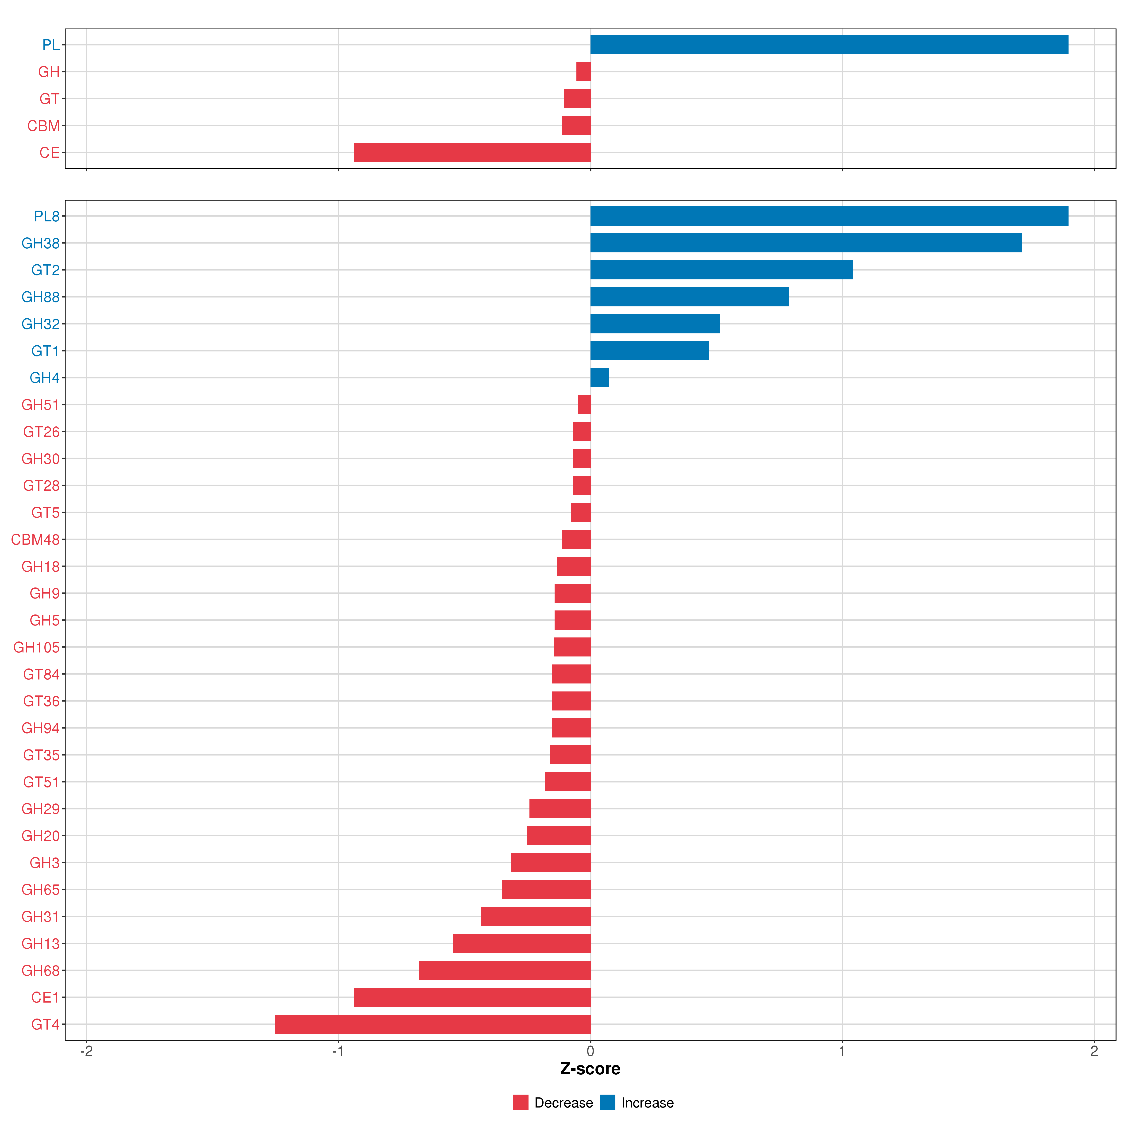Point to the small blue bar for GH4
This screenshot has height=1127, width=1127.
pyautogui.click(x=599, y=377)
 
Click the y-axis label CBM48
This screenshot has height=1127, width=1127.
pyautogui.click(x=35, y=540)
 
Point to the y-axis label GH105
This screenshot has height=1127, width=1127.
pyautogui.click(x=36, y=648)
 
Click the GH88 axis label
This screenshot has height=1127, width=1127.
pyautogui.click(x=40, y=297)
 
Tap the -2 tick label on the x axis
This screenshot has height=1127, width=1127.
pyautogui.click(x=86, y=1051)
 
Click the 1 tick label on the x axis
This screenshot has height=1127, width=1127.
pyautogui.click(x=842, y=1051)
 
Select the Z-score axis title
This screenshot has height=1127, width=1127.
pyautogui.click(x=590, y=1069)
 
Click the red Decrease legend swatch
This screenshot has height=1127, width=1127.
pyautogui.click(x=520, y=1103)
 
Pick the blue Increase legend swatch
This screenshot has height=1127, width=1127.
pyautogui.click(x=607, y=1103)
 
